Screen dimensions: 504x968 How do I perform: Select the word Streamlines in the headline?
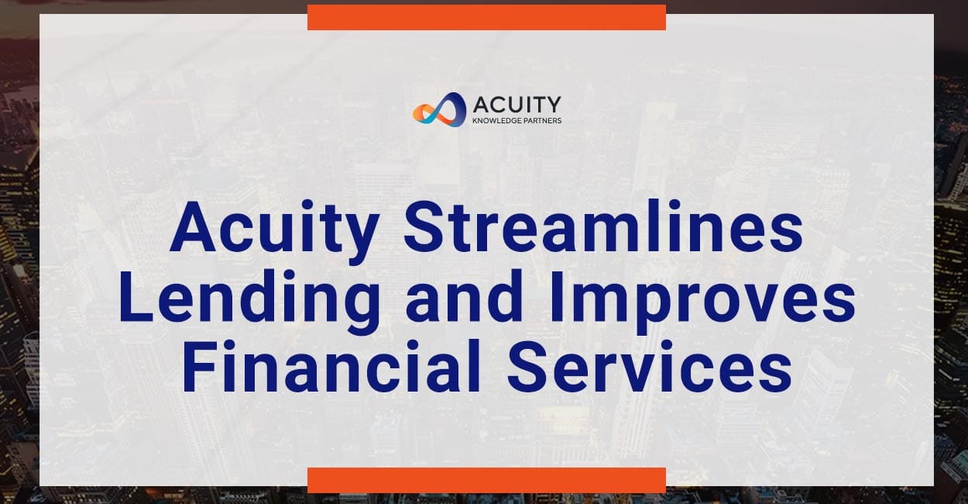[603, 229]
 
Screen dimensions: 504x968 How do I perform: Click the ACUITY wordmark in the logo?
[516, 104]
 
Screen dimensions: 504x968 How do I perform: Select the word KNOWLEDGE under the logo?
[498, 121]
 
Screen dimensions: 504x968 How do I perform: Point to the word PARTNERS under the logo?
[543, 121]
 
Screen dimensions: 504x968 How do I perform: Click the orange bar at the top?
[486, 17]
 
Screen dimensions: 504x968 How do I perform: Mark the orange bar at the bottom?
[486, 480]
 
